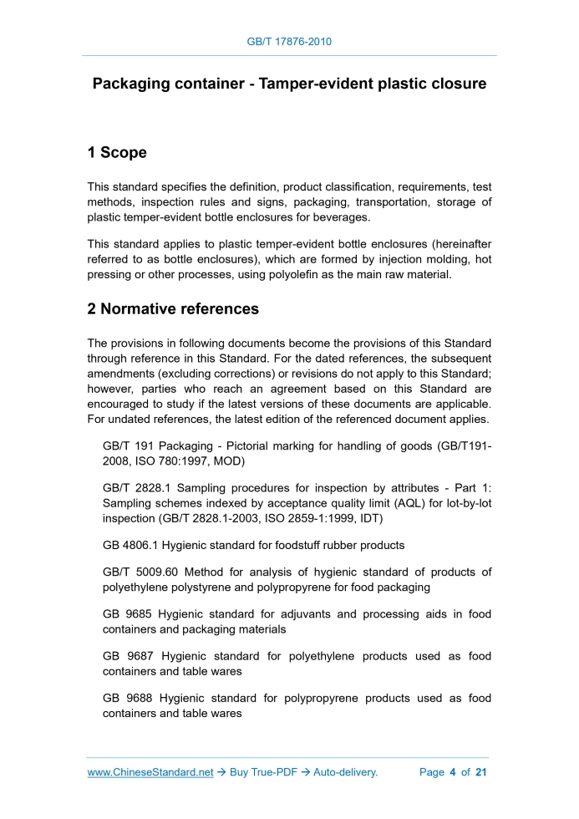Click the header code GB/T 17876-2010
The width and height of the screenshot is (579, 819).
tap(289, 41)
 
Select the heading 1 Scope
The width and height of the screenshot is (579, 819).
tap(117, 153)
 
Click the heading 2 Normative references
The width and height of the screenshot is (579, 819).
tap(173, 309)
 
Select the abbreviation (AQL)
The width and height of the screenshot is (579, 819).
tap(377, 503)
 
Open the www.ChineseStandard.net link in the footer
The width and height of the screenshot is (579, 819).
tap(150, 772)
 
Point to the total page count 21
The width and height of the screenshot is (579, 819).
tap(480, 772)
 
